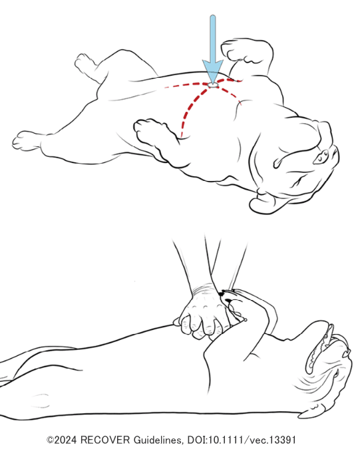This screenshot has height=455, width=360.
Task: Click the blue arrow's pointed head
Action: (x=212, y=71)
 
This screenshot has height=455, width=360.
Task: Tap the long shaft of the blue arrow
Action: (x=212, y=38)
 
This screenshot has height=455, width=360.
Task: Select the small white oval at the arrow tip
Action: (x=213, y=84)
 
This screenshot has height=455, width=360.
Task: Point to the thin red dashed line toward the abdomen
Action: (x=186, y=85)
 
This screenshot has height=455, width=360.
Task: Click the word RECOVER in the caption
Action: (x=105, y=440)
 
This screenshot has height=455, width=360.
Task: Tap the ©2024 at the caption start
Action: (x=62, y=440)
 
